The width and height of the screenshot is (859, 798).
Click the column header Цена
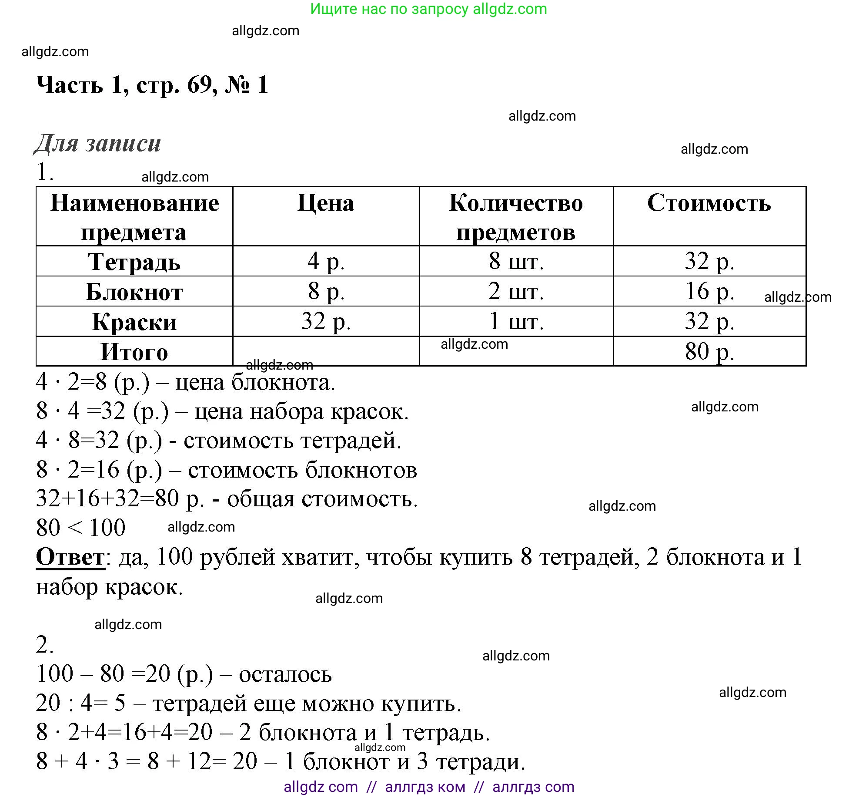326,203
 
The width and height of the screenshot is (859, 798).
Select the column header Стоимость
709,203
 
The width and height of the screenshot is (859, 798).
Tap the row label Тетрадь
134,262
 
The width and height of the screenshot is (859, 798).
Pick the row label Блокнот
134,292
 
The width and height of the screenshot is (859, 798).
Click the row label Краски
134,322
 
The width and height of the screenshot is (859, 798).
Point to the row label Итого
134,352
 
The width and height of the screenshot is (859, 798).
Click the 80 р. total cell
709,351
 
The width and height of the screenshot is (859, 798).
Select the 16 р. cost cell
709,291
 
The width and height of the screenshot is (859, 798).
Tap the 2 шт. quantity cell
516,291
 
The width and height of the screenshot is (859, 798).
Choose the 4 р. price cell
326,261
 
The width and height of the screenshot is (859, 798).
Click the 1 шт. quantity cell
516,321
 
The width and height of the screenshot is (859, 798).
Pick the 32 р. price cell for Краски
326,321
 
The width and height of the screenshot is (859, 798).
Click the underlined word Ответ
70,557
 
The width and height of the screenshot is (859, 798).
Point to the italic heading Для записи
97,143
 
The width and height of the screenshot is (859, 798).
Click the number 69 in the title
200,84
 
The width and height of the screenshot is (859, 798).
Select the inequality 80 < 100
81,528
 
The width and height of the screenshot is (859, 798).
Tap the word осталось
285,674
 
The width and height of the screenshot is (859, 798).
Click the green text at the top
428,9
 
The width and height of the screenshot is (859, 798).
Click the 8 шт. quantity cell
516,261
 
